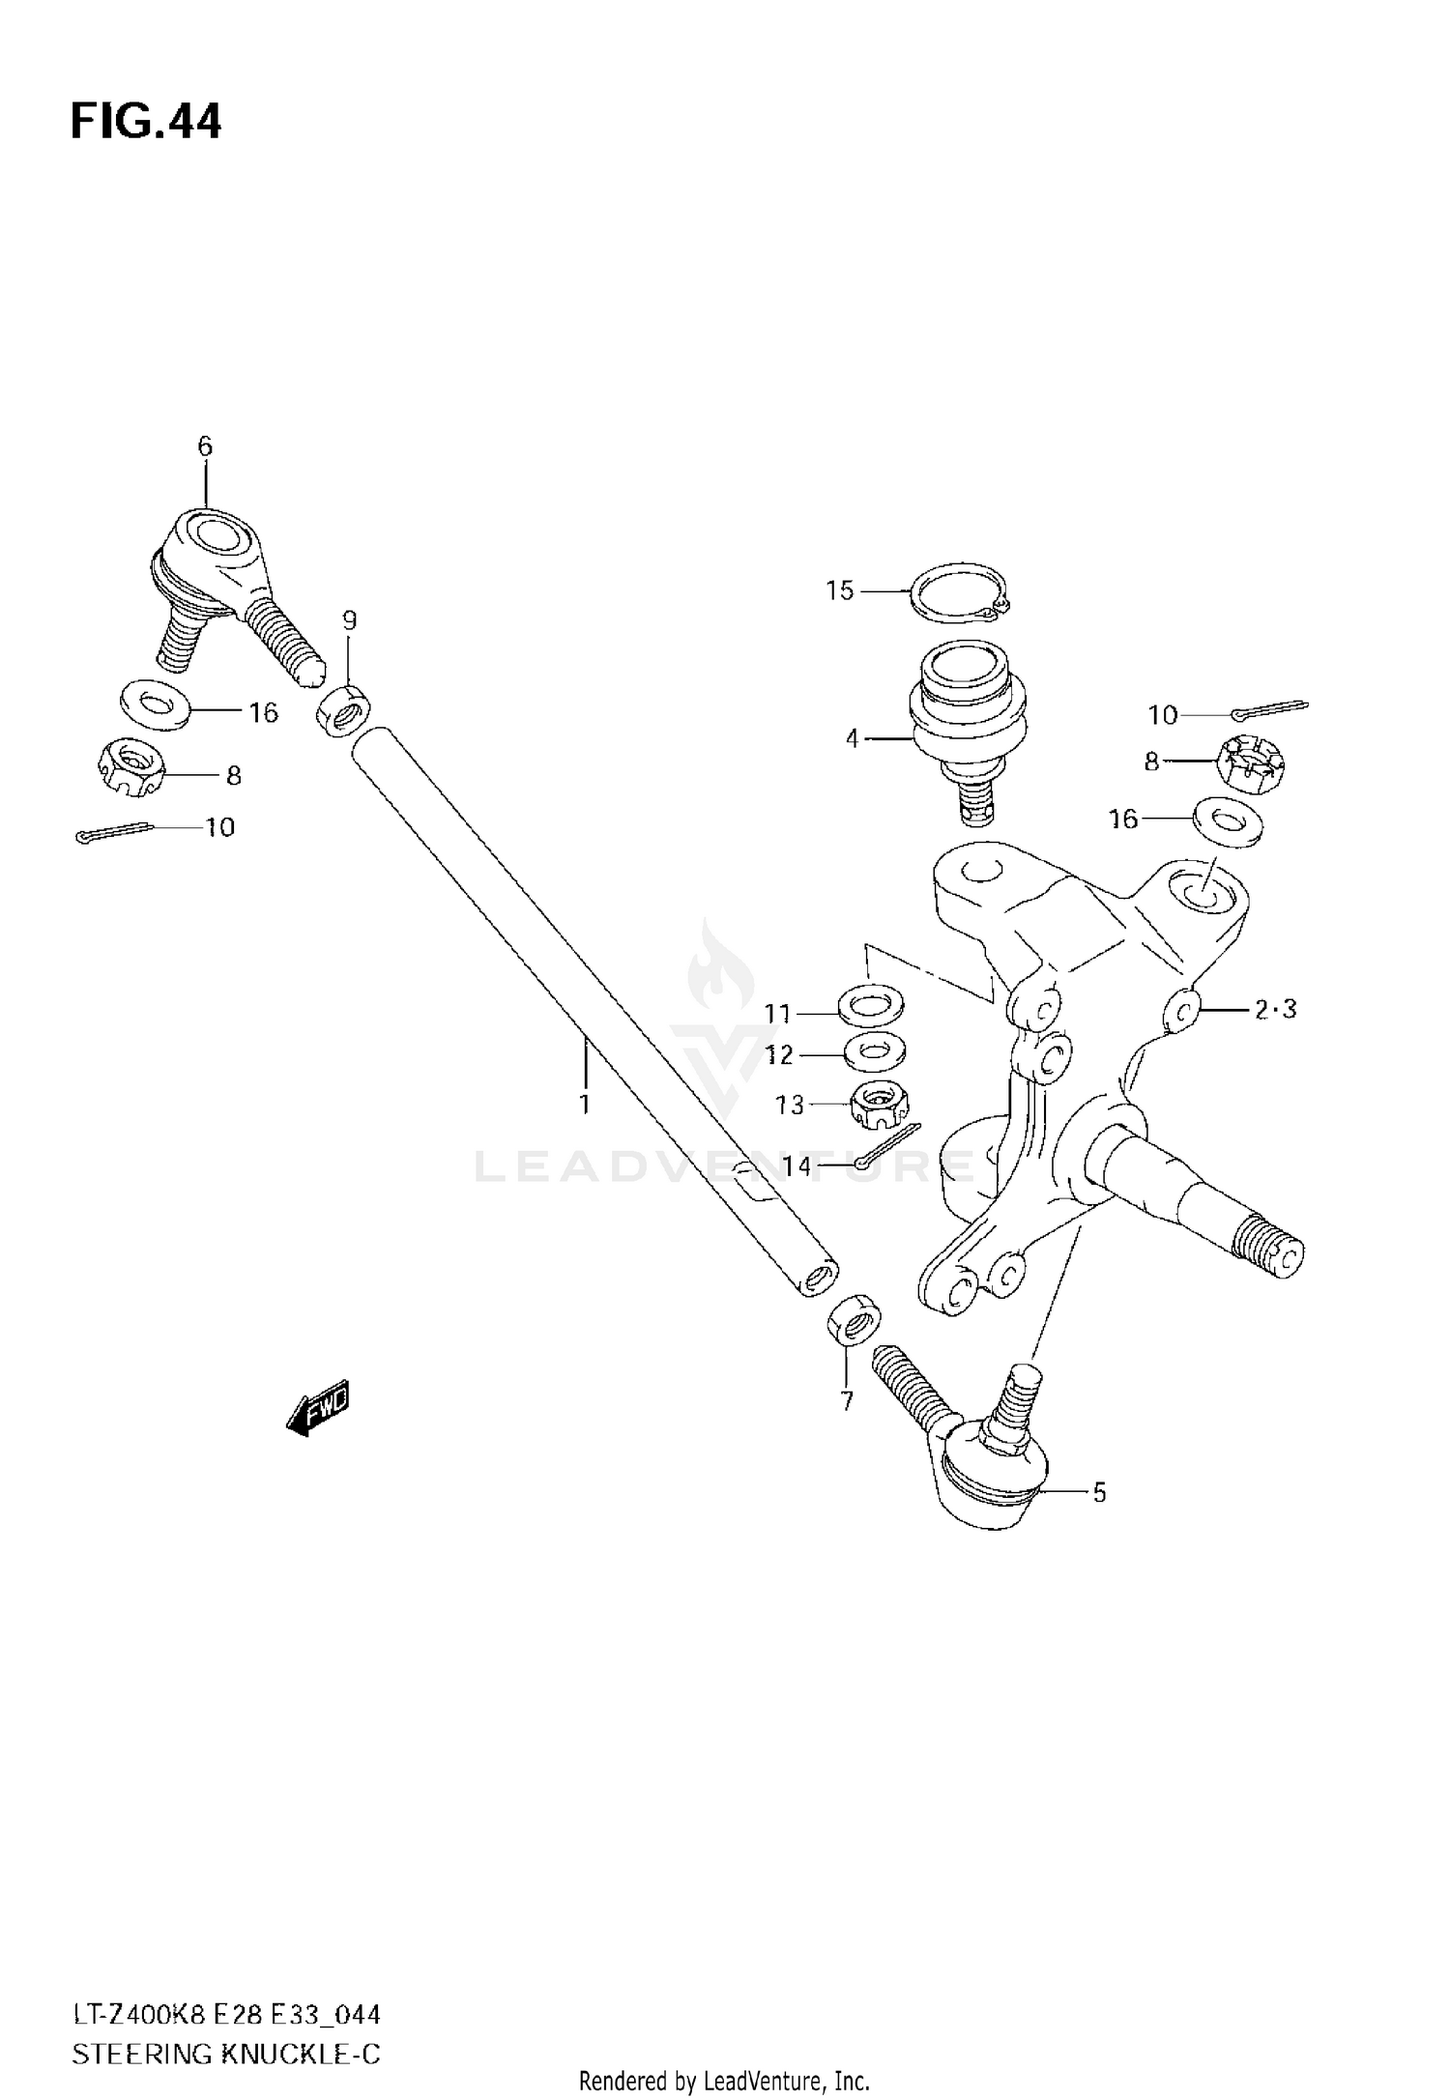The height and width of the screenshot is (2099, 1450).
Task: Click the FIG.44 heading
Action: [x=146, y=123]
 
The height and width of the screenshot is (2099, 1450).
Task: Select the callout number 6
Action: [x=205, y=446]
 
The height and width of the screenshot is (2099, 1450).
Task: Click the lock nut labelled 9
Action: [x=343, y=711]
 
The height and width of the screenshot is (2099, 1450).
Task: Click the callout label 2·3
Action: [x=1276, y=1010]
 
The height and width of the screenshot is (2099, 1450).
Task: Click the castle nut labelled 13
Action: [x=878, y=1104]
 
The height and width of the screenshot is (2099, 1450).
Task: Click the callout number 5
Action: [x=1099, y=1493]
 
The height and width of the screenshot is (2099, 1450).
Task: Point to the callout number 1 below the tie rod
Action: [x=585, y=1104]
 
